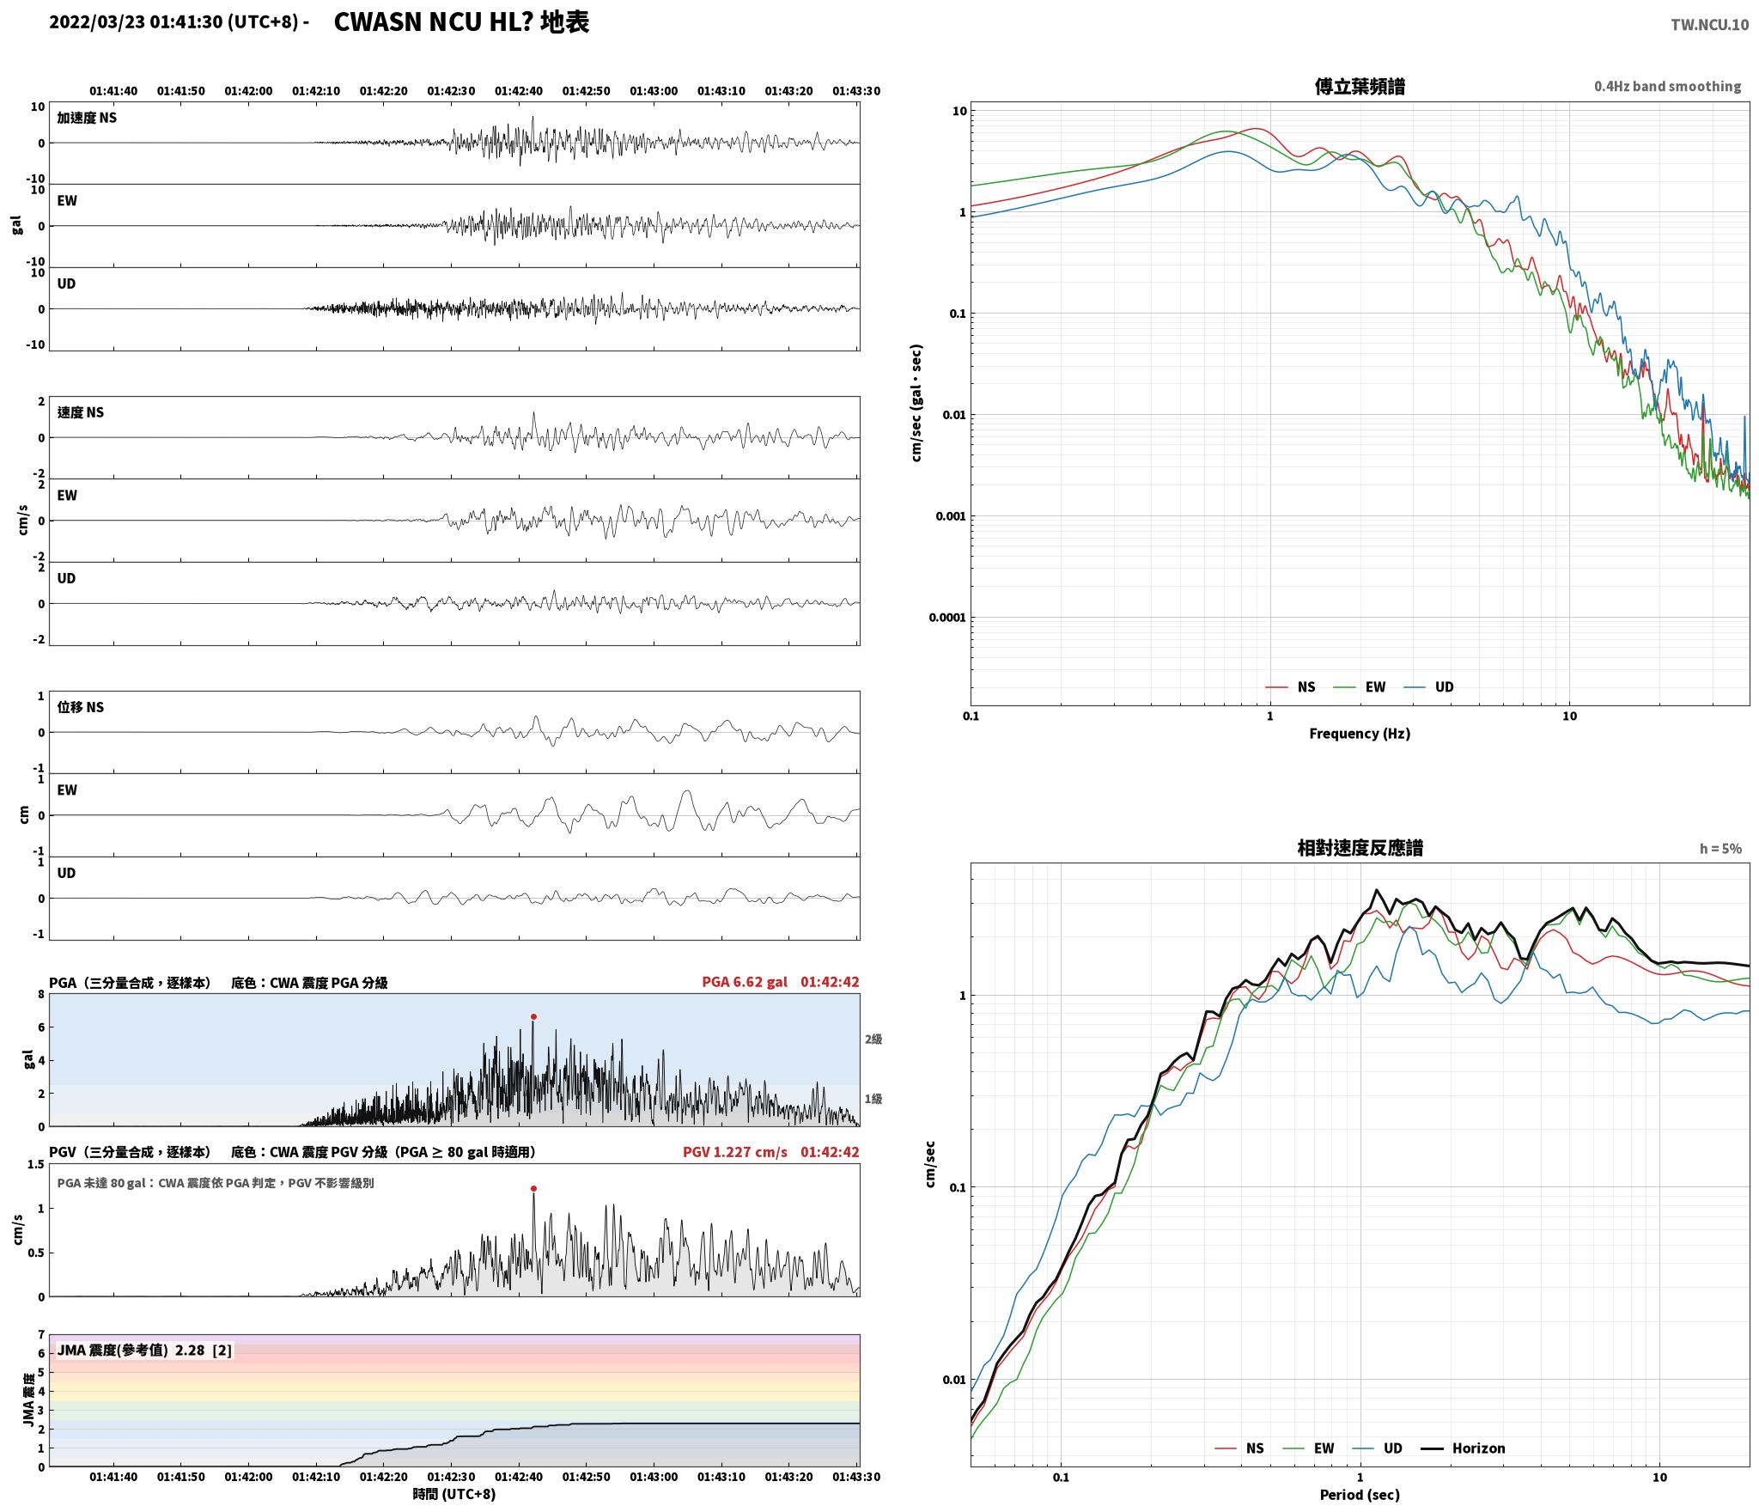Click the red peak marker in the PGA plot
533,1016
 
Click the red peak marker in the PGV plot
533,1189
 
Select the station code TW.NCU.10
1709,25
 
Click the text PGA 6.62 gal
745,982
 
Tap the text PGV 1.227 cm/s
735,1152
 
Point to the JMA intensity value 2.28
190,1350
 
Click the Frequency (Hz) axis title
1360,733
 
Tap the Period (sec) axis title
1360,1494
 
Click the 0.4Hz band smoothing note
1668,86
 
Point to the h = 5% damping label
1720,848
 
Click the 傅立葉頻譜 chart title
1360,86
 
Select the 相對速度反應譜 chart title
1360,848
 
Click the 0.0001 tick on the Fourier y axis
947,617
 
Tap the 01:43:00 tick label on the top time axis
654,90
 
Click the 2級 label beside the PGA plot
873,1039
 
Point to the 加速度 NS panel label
87,118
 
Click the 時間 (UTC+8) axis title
453,1494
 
